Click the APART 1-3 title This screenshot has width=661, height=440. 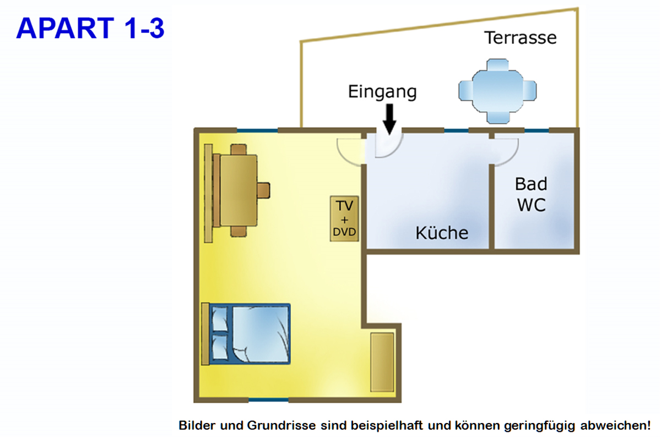pyautogui.click(x=90, y=28)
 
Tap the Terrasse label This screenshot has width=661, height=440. pyautogui.click(x=520, y=37)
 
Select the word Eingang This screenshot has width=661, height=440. pyautogui.click(x=382, y=91)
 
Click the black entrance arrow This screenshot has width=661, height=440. pyautogui.click(x=389, y=118)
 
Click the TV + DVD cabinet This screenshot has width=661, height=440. pyautogui.click(x=344, y=218)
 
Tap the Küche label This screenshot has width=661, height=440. pyautogui.click(x=442, y=233)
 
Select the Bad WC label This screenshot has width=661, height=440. pyautogui.click(x=531, y=194)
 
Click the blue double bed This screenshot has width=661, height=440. pyautogui.click(x=251, y=333)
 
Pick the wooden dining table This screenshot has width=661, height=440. pyautogui.click(x=239, y=190)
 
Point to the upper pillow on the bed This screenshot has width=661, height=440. pyautogui.click(x=219, y=319)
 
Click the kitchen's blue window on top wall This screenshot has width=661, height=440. pyautogui.click(x=457, y=130)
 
